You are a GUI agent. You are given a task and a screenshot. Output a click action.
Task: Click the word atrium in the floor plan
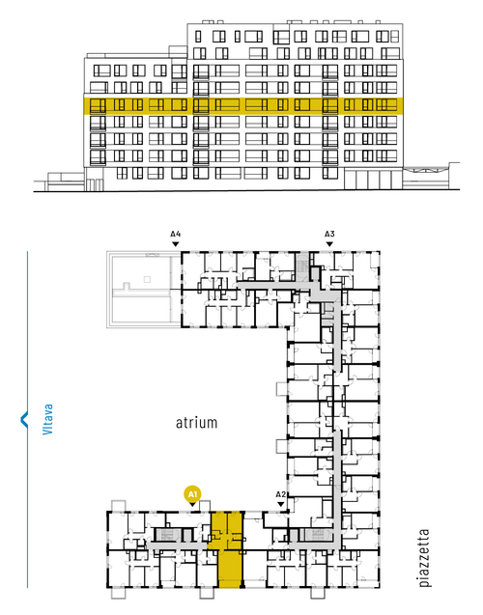pos(196,423)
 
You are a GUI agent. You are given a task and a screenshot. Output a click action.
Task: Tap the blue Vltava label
pos(47,419)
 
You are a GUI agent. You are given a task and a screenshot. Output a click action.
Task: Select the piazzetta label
pos(424,558)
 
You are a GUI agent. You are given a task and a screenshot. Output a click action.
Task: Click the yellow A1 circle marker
pos(192,494)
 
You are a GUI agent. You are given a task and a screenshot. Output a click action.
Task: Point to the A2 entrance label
pos(280,494)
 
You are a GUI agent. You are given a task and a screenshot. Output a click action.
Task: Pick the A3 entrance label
pos(329,235)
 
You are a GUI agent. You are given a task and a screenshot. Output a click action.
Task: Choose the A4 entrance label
pos(176,235)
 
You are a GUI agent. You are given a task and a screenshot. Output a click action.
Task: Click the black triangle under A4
pos(176,244)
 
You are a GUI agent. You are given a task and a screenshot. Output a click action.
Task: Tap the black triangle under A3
pos(329,244)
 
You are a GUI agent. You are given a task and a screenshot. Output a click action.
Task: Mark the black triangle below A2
pos(280,504)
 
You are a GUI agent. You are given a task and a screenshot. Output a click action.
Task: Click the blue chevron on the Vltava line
pos(23,419)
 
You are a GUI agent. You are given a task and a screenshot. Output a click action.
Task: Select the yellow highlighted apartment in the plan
pos(229,549)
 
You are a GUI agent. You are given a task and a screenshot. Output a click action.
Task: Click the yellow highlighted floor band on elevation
pos(243,106)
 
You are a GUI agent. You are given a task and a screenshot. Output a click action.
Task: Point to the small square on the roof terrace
pos(147,279)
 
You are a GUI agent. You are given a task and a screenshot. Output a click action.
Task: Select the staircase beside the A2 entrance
pos(316,535)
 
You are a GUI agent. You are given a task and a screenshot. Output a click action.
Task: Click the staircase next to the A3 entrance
pos(301,266)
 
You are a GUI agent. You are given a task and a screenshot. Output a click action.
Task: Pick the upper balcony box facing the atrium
pos(282,389)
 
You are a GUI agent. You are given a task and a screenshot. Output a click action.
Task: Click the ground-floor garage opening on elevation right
pos(373,180)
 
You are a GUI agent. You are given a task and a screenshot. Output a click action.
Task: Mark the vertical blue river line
pos(27,419)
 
